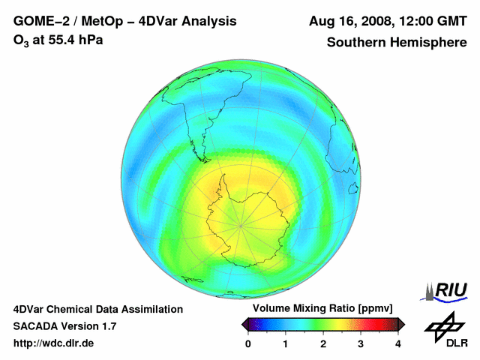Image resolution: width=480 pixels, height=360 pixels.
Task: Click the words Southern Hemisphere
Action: (397, 43)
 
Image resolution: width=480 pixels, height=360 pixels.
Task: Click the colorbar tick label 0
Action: (248, 343)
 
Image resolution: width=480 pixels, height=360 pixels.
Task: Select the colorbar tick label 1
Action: (286, 343)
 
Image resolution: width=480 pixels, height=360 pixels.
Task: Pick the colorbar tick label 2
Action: (323, 343)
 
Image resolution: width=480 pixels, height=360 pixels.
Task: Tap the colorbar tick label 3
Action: (361, 343)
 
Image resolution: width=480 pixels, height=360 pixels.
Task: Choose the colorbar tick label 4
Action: (398, 343)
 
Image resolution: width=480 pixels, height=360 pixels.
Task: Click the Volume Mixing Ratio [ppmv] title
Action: (322, 308)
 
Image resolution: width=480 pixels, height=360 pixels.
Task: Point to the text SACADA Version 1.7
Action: (65, 326)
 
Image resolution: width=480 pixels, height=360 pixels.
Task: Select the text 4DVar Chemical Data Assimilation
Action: (98, 309)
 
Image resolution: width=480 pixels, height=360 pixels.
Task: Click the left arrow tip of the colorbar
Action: (242, 324)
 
